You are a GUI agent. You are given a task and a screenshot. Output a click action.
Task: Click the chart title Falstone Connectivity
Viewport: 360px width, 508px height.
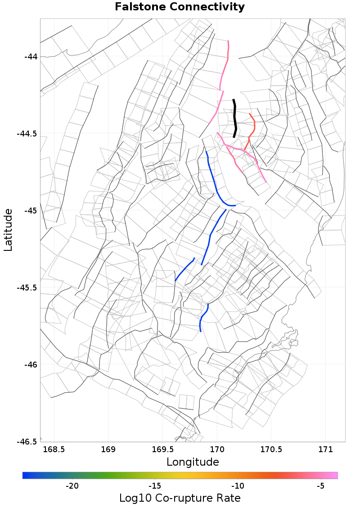180,7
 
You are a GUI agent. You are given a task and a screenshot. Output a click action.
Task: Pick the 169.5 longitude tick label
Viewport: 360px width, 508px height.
163,450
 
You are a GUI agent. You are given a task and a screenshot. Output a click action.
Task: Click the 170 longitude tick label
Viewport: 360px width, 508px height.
217,450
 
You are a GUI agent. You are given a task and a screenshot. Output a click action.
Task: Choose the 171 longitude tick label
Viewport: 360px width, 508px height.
326,450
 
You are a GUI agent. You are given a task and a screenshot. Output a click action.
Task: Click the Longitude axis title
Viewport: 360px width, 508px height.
193,462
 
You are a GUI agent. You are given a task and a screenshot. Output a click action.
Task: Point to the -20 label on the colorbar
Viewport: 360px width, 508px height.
72,486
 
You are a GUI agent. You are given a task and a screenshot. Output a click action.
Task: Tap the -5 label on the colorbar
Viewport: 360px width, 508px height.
320,486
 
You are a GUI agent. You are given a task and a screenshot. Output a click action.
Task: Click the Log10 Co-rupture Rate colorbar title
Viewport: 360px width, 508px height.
180,498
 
